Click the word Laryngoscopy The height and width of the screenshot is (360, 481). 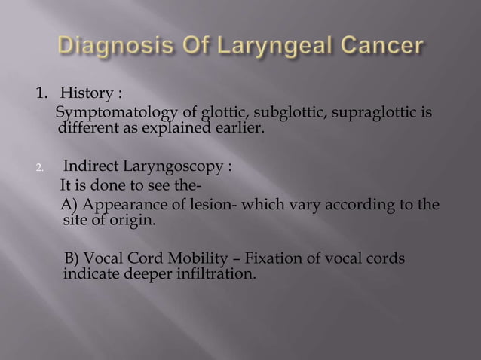tap(167, 166)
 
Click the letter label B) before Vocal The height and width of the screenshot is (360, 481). tap(74, 259)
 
